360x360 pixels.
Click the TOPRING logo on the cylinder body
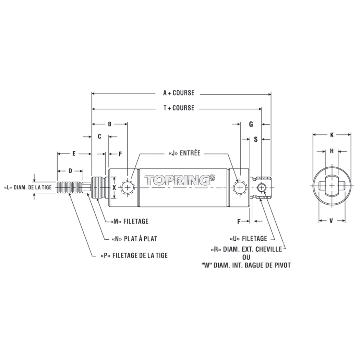click(180, 180)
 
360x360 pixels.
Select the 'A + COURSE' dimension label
click(179, 93)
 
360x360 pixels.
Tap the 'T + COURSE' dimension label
click(179, 108)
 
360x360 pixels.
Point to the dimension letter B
click(110, 124)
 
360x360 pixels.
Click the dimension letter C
click(99, 136)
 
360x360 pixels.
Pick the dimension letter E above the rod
click(74, 154)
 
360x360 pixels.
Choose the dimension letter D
click(70, 170)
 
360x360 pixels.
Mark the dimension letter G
click(251, 124)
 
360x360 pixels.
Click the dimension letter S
click(256, 140)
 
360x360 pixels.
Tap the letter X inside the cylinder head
click(114, 188)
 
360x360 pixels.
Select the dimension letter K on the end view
click(332, 135)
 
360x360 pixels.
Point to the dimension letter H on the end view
click(332, 151)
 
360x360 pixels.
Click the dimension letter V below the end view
click(331, 221)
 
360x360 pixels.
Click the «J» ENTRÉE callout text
click(184, 153)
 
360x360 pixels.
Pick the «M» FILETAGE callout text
click(129, 221)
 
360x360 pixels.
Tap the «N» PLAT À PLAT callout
click(134, 239)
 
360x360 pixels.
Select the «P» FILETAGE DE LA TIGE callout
click(134, 255)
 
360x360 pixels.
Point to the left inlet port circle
click(128, 188)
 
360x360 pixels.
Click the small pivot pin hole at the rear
click(262, 188)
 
